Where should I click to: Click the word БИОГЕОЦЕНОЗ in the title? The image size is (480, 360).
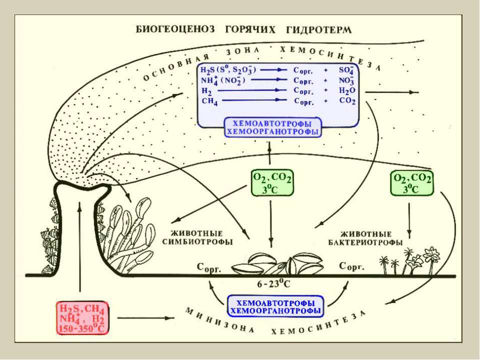coord(175,29)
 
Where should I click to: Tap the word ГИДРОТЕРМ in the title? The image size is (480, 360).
coord(318,29)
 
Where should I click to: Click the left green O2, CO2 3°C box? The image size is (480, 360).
coord(272,183)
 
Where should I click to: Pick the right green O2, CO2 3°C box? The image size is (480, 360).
coord(411,183)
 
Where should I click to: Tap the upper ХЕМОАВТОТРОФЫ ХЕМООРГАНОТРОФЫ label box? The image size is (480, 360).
coord(273,127)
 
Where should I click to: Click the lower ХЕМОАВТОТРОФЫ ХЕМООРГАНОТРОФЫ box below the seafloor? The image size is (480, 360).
coord(275,306)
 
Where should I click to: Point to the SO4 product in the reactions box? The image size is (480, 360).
coord(346,70)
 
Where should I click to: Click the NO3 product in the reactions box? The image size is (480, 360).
coord(346,80)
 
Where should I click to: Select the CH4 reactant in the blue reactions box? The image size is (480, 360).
coord(209,101)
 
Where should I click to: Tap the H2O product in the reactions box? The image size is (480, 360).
coord(347,90)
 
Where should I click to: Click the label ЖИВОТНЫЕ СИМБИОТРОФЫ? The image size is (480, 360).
coord(197,237)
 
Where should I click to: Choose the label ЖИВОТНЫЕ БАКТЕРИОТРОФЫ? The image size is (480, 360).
coord(365,238)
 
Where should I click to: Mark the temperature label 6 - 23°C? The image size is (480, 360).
coord(273,284)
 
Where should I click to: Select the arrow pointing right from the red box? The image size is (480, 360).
coord(145,318)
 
